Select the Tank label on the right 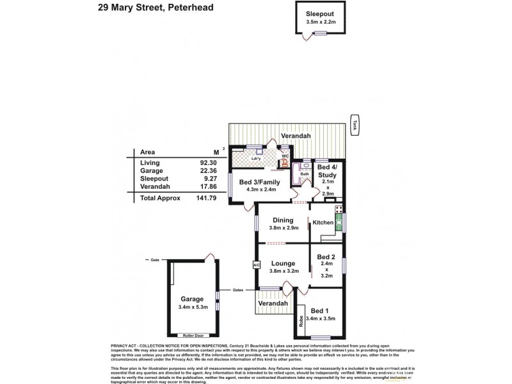click(353, 124)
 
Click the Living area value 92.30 click(204, 163)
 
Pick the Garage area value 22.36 click(204, 171)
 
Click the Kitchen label click(323, 222)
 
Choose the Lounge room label click(283, 263)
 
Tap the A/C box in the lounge click(256, 264)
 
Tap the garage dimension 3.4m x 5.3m click(191, 307)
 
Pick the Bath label click(305, 173)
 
